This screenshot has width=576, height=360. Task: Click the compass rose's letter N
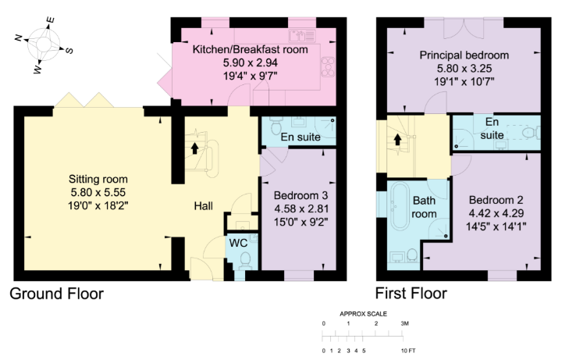point(19,37)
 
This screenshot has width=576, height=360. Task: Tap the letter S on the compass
point(69,51)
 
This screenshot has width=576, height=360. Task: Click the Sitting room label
point(98,179)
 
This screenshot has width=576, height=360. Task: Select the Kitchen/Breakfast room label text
point(251,49)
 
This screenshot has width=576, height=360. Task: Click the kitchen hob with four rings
point(328,67)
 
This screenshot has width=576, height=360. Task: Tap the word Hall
point(203,206)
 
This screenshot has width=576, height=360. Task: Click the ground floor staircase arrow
point(194,148)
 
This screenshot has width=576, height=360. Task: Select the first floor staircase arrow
point(397,139)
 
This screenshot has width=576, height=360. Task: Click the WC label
point(238,243)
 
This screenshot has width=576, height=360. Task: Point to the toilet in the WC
point(245,259)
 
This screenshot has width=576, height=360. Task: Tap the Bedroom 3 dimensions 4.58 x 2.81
point(301,209)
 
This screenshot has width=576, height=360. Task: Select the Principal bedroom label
point(464,55)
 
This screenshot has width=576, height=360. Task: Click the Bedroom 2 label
point(496,200)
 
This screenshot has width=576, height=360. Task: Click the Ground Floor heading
point(56,294)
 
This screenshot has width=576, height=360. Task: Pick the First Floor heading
point(411,294)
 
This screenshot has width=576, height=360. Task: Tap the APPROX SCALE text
point(363,314)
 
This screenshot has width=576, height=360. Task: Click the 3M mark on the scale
point(404,323)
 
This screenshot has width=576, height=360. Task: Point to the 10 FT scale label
point(409,351)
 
